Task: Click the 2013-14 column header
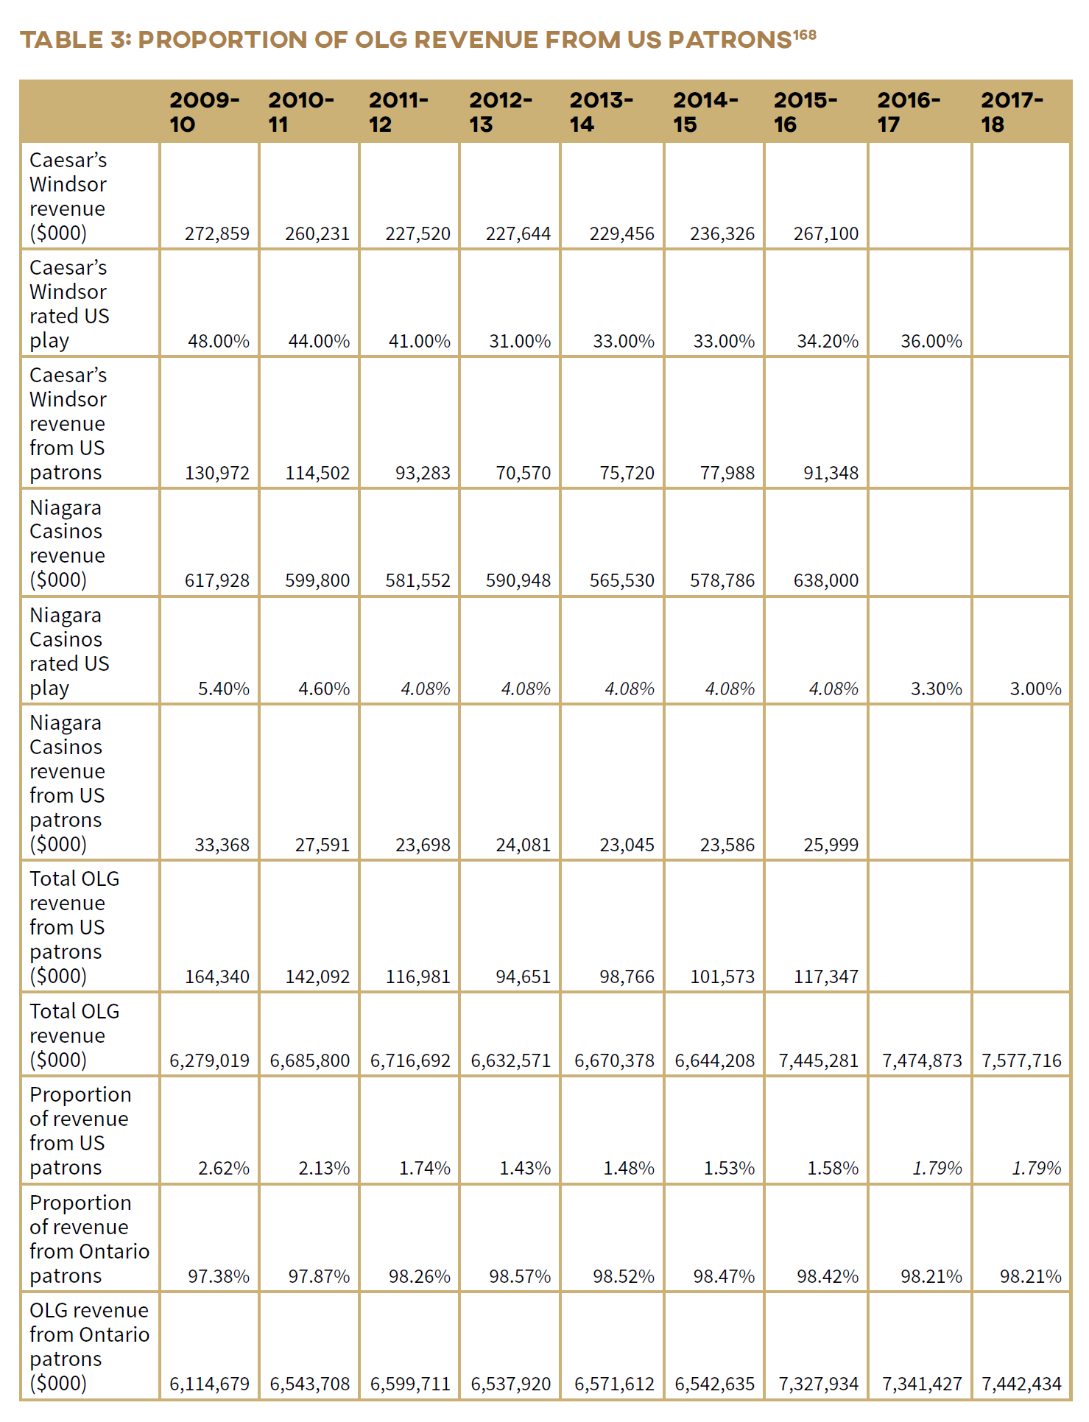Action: pyautogui.click(x=601, y=112)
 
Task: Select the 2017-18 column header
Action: pyautogui.click(x=1012, y=112)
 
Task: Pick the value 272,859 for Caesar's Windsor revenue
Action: pyautogui.click(x=216, y=234)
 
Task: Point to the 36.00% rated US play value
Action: pyautogui.click(x=931, y=342)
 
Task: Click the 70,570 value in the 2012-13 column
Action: pyautogui.click(x=523, y=473)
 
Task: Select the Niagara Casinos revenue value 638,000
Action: pyautogui.click(x=825, y=581)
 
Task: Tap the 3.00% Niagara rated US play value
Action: pyautogui.click(x=1035, y=689)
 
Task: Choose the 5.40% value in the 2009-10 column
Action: pyautogui.click(x=223, y=689)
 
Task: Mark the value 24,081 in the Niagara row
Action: pyautogui.click(x=523, y=845)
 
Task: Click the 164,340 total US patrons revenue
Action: pyautogui.click(x=216, y=977)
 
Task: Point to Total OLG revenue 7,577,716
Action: pyautogui.click(x=1021, y=1061)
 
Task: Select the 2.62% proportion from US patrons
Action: pyautogui.click(x=223, y=1169)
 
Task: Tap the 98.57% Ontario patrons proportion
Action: pyautogui.click(x=520, y=1277)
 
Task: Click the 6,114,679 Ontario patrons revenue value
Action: pyautogui.click(x=209, y=1384)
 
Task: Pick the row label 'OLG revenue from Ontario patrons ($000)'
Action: pyautogui.click(x=88, y=1346)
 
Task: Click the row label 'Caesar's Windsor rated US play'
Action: pyautogui.click(x=68, y=303)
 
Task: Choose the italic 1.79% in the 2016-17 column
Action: pyautogui.click(x=937, y=1169)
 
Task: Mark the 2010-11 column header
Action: pyautogui.click(x=300, y=112)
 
